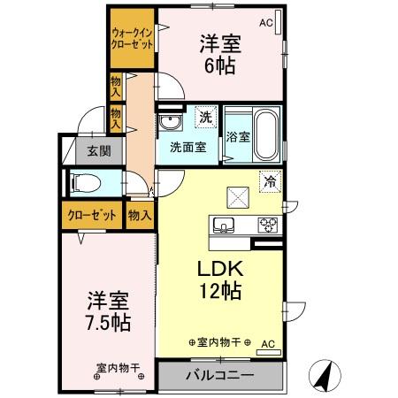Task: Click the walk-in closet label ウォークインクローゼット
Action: [133, 36]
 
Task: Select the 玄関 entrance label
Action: [98, 150]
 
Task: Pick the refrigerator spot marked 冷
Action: [270, 180]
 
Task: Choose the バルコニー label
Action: [219, 375]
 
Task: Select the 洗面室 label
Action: [188, 147]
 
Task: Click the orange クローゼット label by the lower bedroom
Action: [92, 213]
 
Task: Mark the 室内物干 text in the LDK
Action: [220, 342]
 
